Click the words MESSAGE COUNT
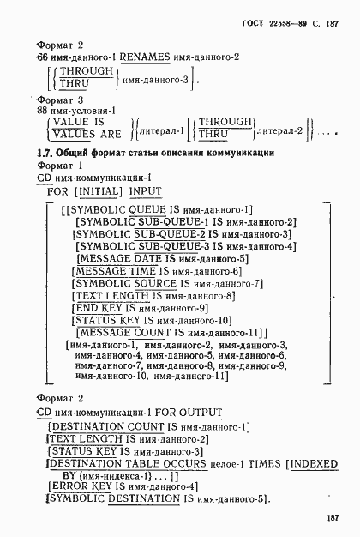[x=129, y=332]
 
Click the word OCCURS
[x=168, y=464]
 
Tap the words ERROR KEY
[x=80, y=486]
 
